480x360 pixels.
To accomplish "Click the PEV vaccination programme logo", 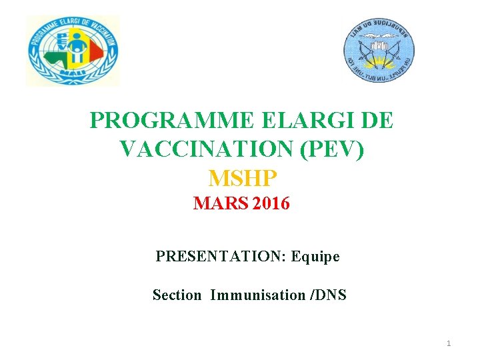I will tap(73, 51).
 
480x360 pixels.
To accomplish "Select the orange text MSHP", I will tap(242, 178).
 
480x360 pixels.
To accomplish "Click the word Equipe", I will tap(315, 256).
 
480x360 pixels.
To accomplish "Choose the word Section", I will tap(177, 295).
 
